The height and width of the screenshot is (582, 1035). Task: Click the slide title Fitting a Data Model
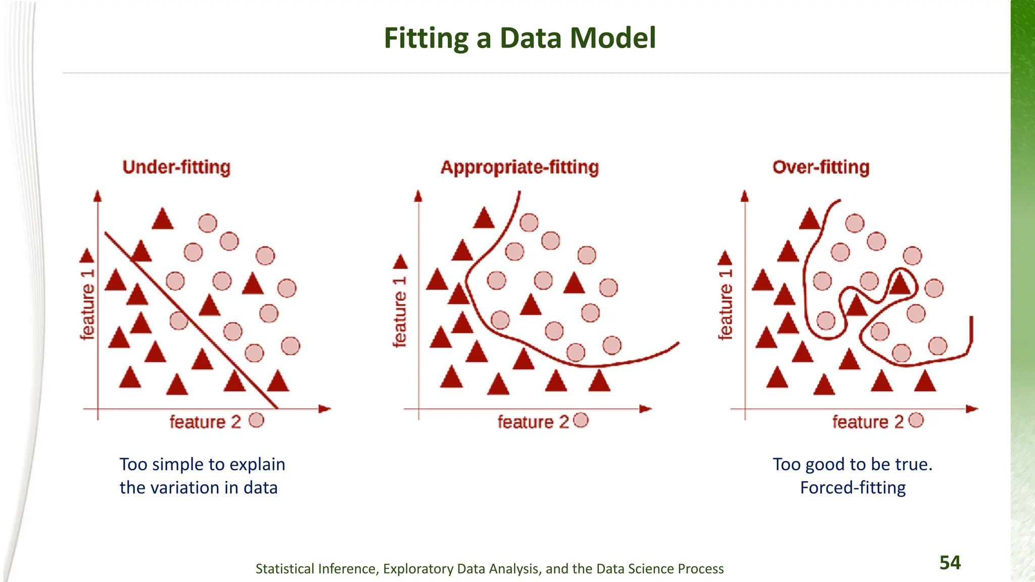coord(520,38)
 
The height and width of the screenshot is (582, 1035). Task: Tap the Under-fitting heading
coord(176,167)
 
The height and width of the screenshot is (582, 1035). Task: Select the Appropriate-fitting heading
coord(520,167)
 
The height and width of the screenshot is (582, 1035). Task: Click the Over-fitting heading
coord(821,167)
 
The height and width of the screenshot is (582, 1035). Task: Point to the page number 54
coord(950,562)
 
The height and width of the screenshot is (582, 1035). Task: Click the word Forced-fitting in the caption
coord(853,488)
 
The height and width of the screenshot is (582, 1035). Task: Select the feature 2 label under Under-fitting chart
coord(205,421)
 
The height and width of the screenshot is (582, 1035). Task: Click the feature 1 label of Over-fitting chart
coord(725,304)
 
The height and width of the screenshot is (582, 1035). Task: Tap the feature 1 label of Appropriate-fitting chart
coord(399,312)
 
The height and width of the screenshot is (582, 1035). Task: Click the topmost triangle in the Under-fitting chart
coord(163,219)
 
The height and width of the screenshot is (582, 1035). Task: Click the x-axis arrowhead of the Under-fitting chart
coord(325,409)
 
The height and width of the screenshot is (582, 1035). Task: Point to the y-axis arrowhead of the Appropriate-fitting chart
coord(418,197)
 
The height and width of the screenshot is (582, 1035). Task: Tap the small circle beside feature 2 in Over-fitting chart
coord(916,420)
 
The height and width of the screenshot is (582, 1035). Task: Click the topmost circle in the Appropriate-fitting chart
coord(529,222)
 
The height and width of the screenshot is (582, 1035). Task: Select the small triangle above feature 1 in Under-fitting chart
coord(87,256)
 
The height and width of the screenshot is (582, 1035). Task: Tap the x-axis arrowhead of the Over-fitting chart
coord(972,409)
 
